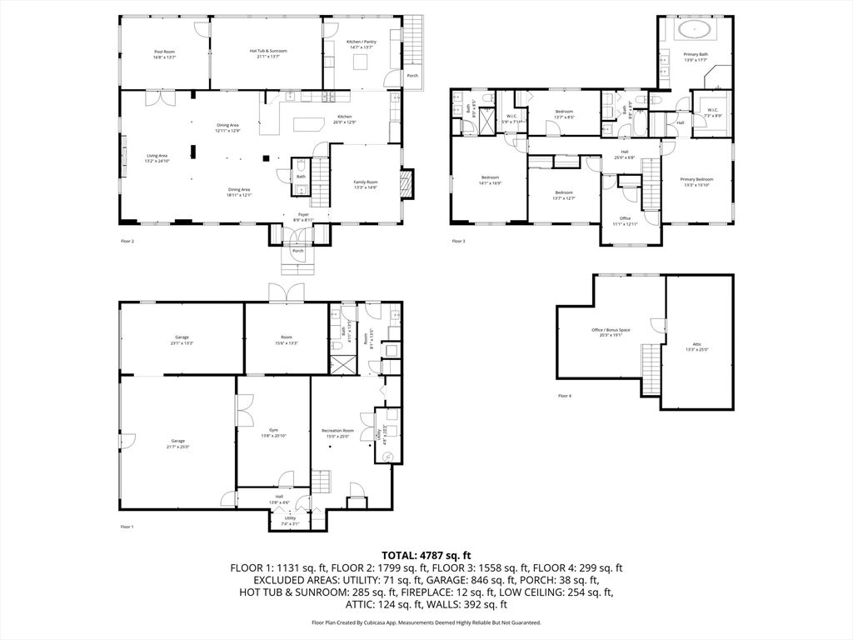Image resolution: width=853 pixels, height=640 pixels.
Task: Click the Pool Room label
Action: (164, 54)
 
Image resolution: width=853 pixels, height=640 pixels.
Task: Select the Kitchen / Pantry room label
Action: (361, 44)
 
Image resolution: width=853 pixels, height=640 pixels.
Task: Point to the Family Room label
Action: (365, 185)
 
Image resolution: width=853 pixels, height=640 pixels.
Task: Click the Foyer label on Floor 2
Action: (303, 216)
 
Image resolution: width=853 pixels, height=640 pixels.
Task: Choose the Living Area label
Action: (157, 157)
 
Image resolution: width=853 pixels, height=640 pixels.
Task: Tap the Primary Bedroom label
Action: (696, 182)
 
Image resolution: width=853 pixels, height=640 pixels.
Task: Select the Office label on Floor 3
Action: (625, 221)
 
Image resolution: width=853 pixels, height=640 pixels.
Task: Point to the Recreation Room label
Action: (337, 432)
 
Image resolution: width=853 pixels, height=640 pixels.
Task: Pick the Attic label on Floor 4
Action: (697, 346)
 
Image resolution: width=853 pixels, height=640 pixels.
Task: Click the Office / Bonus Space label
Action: (611, 332)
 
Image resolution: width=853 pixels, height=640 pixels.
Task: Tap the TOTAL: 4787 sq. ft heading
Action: (426, 555)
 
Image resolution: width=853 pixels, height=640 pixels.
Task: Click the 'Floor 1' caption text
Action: (127, 527)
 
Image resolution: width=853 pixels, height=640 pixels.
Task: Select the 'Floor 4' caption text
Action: (565, 395)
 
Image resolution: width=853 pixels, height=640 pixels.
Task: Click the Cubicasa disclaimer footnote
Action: (426, 622)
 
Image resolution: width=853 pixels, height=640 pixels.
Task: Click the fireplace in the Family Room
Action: (407, 183)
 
